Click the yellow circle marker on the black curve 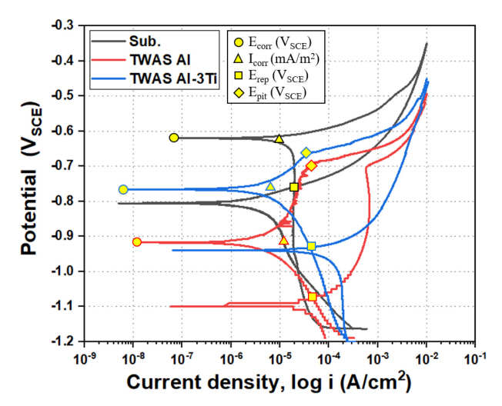coord(174,138)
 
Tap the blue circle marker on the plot coord(123,189)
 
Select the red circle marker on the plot coord(137,241)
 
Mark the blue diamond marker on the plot coord(306,153)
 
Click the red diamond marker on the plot coord(312,165)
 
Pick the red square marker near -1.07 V coord(312,297)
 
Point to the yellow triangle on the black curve coord(279,138)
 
